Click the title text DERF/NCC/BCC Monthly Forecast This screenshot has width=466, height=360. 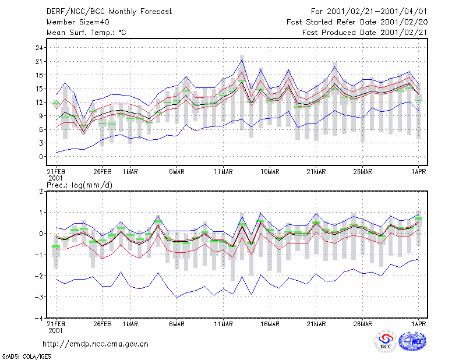click(109, 12)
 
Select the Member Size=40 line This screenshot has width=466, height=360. click(78, 22)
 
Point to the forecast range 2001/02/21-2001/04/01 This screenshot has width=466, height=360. click(377, 12)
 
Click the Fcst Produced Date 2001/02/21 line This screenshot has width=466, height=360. click(365, 33)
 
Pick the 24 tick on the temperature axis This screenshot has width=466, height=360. click(39, 48)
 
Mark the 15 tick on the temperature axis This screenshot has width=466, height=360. click(39, 89)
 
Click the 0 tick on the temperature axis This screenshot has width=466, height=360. click(41, 157)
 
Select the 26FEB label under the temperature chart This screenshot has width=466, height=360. click(103, 172)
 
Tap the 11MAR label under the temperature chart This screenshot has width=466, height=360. click(223, 172)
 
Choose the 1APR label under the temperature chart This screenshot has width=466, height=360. click(418, 172)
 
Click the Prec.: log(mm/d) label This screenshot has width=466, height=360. click(79, 185)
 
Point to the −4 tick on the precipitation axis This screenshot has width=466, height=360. click(38, 318)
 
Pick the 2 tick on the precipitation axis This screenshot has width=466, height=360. click(41, 192)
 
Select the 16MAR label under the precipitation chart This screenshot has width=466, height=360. click(270, 324)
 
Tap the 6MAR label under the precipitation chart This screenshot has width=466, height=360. click(177, 324)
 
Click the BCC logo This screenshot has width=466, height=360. click(386, 341)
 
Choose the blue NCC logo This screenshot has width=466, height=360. click(412, 341)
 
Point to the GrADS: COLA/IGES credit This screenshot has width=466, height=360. click(26, 357)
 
